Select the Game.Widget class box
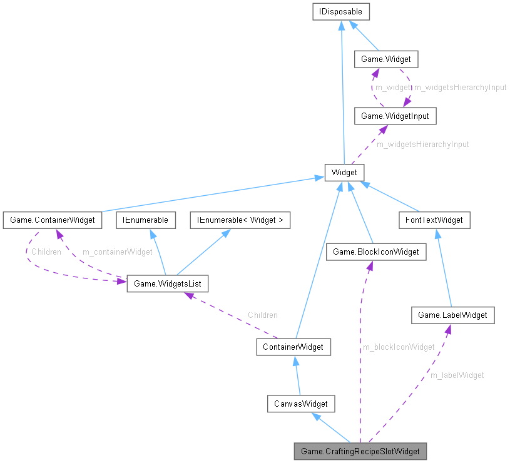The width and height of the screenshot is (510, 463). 385,60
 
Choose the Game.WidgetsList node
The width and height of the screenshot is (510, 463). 167,283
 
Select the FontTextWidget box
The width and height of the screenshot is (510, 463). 434,220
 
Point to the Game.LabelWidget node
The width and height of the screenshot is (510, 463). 452,315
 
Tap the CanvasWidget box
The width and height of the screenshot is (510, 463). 301,404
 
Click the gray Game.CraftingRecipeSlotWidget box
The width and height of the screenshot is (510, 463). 360,451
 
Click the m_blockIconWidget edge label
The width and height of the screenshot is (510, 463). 399,347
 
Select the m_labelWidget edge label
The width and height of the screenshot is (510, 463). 457,375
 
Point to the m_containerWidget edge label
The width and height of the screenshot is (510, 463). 118,252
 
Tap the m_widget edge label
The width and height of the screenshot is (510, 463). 392,88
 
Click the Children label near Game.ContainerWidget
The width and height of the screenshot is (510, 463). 46,252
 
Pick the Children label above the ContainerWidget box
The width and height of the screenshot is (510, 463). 262,315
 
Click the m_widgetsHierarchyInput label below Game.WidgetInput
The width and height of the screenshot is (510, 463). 422,144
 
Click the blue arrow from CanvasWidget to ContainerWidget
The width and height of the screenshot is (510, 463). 297,375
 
